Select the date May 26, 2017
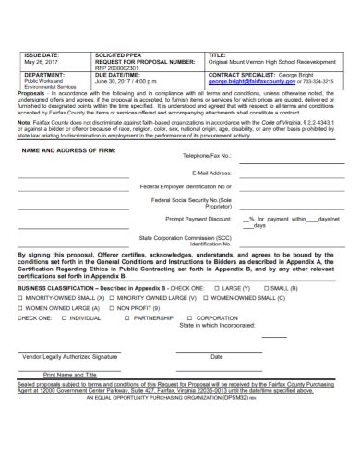coord(39,63)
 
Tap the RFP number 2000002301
coord(121,68)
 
